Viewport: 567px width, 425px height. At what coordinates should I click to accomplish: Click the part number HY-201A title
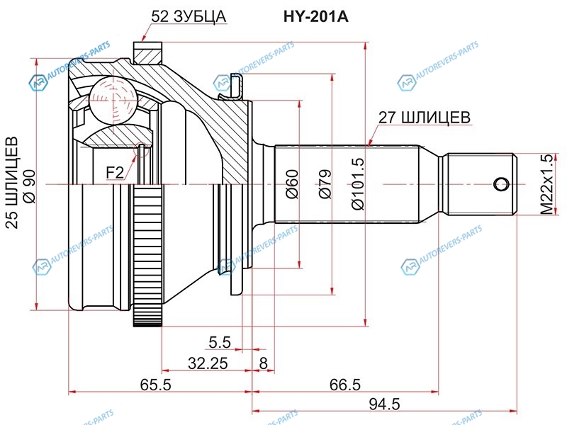pyautogui.click(x=315, y=16)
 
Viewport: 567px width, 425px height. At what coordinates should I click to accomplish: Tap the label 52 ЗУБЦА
pyautogui.click(x=189, y=16)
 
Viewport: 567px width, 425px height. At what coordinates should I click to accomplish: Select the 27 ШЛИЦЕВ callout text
pyautogui.click(x=424, y=117)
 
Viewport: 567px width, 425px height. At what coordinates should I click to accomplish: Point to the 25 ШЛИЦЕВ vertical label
pyautogui.click(x=12, y=183)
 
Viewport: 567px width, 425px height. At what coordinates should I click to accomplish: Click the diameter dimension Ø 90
pyautogui.click(x=30, y=186)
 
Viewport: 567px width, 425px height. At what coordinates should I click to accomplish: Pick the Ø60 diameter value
pyautogui.click(x=293, y=184)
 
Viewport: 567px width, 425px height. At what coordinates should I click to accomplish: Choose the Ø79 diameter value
pyautogui.click(x=325, y=184)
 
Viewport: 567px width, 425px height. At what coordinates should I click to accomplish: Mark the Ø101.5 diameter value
pyautogui.click(x=359, y=184)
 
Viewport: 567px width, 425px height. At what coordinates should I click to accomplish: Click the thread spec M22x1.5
pyautogui.click(x=547, y=184)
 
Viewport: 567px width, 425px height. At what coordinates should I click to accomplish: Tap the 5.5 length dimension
pyautogui.click(x=220, y=342)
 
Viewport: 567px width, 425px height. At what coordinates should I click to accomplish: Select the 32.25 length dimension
pyautogui.click(x=208, y=363)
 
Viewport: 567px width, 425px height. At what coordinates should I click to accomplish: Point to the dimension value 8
pyautogui.click(x=263, y=363)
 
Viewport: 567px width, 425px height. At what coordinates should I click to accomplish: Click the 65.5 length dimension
pyautogui.click(x=155, y=385)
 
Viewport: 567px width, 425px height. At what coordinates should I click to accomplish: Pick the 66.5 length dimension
pyautogui.click(x=345, y=385)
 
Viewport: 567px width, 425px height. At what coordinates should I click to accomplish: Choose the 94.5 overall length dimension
pyautogui.click(x=384, y=404)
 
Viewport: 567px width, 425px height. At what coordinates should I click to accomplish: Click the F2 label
pyautogui.click(x=115, y=173)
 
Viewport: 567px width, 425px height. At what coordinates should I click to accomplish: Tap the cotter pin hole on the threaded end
pyautogui.click(x=502, y=185)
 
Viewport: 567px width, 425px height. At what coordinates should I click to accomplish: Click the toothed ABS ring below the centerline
pyautogui.click(x=147, y=256)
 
